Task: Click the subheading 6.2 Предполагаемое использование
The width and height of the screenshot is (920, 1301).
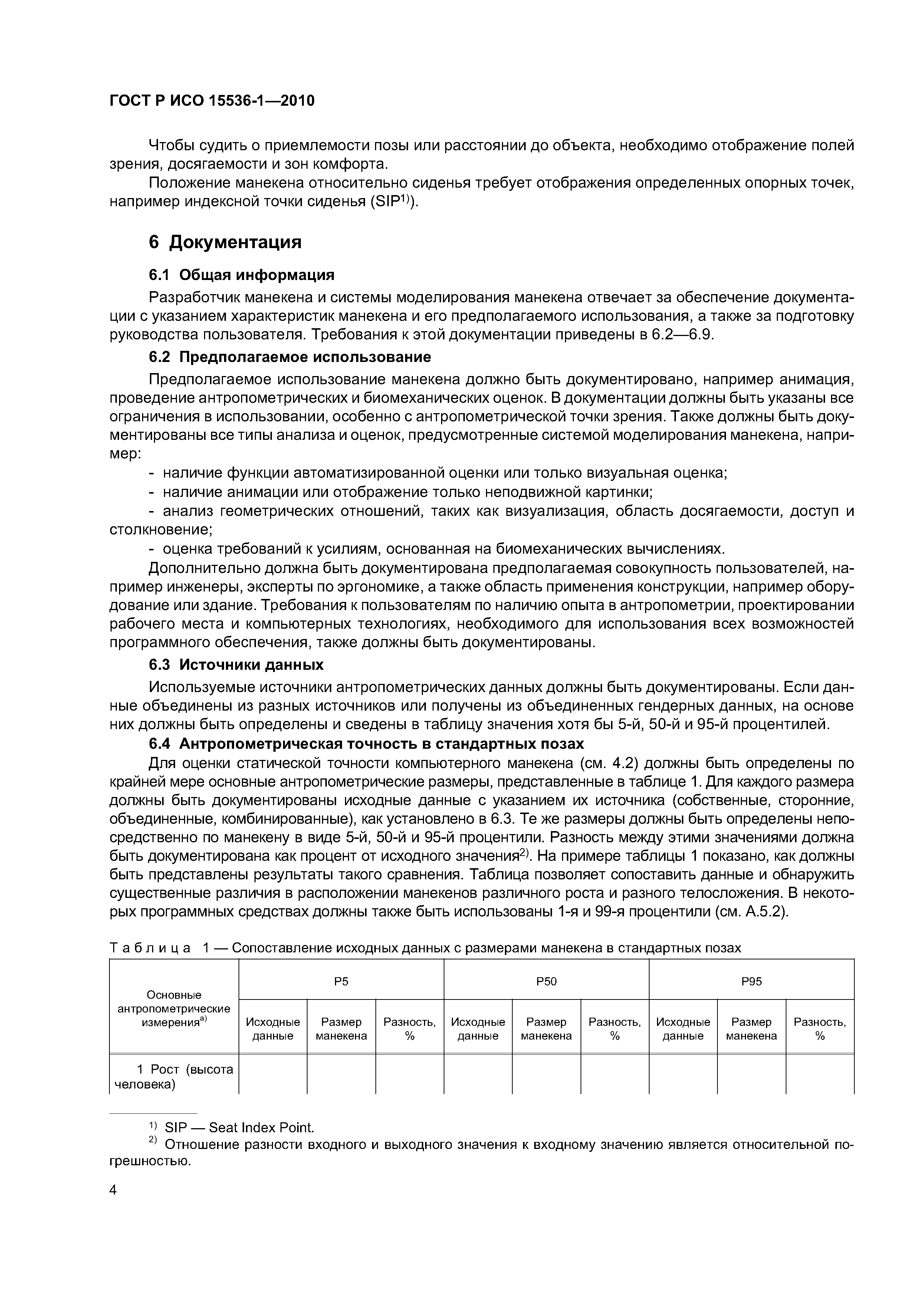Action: (290, 357)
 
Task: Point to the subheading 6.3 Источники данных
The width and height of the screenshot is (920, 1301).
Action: (236, 664)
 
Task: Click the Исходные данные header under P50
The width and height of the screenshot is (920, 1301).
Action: (477, 1028)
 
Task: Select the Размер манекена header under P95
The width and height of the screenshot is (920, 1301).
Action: (751, 1028)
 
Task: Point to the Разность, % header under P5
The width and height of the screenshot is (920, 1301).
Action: (409, 1028)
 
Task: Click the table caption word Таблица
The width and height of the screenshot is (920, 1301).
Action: (149, 948)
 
